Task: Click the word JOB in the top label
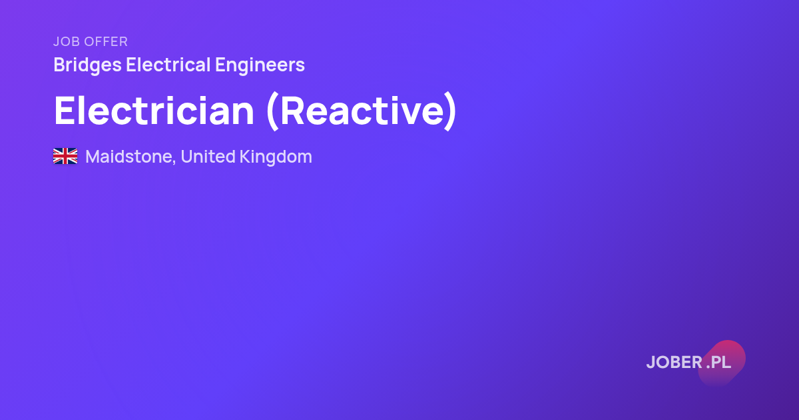click(x=67, y=41)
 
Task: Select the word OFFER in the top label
click(x=107, y=41)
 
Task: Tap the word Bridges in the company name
click(x=87, y=65)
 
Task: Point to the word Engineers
click(x=260, y=65)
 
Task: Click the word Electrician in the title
click(x=154, y=111)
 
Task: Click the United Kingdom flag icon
click(x=65, y=156)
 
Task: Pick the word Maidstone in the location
click(x=129, y=157)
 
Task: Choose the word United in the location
click(x=208, y=157)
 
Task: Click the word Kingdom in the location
click(x=276, y=157)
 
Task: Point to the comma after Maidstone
click(x=174, y=163)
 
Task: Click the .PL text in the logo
click(x=718, y=363)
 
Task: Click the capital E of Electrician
click(x=65, y=111)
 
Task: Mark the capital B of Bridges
click(x=61, y=65)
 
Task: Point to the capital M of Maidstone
click(x=93, y=157)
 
